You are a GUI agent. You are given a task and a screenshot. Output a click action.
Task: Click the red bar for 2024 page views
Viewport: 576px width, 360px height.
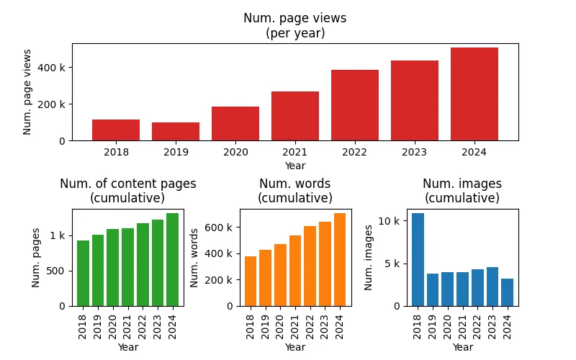[474, 94]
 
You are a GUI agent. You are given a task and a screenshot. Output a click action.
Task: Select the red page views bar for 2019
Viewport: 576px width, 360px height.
[176, 132]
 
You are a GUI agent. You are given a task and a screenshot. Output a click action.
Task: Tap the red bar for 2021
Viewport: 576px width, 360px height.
[295, 116]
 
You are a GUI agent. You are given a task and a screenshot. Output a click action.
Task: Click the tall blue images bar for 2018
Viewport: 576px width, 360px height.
[418, 260]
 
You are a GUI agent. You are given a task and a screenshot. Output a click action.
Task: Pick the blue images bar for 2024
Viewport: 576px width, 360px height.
[508, 292]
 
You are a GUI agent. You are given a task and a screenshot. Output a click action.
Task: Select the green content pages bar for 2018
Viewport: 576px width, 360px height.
[83, 274]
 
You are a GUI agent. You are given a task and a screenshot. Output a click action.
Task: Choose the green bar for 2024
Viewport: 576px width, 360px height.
[172, 260]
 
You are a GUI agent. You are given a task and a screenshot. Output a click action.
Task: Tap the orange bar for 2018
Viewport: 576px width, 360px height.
[251, 281]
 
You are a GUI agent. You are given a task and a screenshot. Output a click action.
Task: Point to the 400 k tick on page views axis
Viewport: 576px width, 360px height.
[51, 68]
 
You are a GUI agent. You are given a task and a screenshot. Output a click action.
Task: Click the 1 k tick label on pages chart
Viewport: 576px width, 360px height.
[58, 235]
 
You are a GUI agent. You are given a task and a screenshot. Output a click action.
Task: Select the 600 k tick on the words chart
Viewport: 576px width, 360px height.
[219, 228]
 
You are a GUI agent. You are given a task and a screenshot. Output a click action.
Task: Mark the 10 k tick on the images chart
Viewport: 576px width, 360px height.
[389, 221]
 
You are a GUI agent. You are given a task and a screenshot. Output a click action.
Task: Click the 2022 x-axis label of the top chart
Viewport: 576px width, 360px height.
[354, 152]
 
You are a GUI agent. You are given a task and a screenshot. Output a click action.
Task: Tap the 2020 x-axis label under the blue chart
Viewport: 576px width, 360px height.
[447, 327]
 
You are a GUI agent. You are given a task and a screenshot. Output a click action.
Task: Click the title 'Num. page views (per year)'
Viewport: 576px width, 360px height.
[295, 25]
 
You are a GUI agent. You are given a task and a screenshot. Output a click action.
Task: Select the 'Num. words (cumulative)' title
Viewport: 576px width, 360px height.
[295, 191]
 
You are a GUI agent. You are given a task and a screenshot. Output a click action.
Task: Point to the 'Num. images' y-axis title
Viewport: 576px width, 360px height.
[369, 258]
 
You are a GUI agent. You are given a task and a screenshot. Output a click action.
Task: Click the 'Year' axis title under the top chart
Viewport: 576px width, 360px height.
[295, 166]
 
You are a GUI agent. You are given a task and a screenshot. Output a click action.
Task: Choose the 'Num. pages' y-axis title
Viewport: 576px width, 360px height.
[35, 258]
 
